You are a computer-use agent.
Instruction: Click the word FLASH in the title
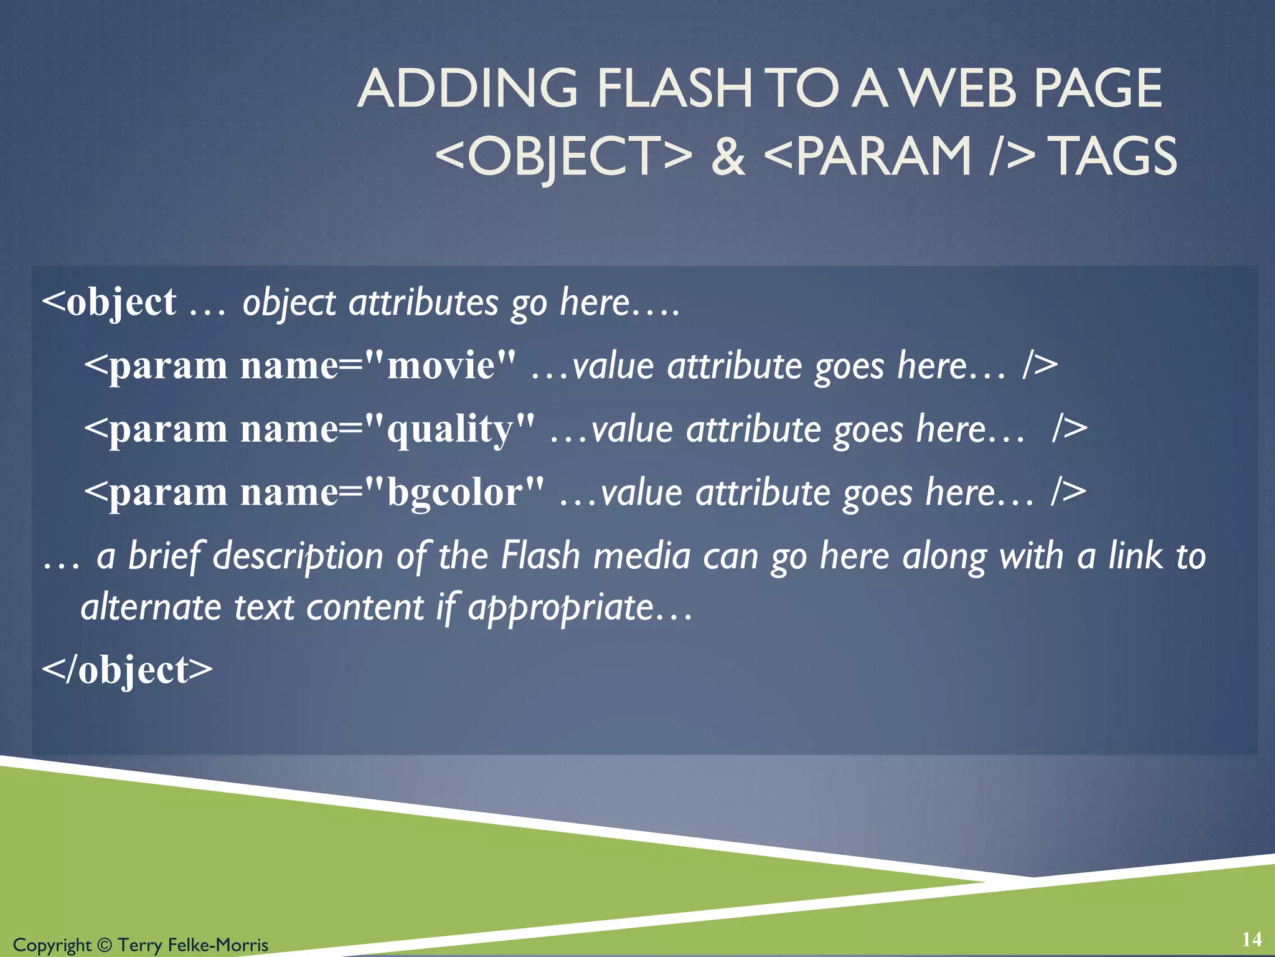674,88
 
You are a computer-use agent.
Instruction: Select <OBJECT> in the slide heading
563,156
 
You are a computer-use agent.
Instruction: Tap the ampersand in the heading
728,156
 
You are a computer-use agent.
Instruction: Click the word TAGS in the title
1114,156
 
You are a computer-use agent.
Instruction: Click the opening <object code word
110,303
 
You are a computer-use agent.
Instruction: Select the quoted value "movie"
441,366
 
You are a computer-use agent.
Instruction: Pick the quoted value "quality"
449,430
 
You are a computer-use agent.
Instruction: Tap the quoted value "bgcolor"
454,493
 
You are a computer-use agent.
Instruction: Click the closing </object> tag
128,670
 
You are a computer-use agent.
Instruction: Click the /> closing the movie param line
1039,366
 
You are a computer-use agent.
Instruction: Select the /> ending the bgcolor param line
1068,493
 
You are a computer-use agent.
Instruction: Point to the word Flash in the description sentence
540,556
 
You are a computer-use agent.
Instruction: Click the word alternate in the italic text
151,607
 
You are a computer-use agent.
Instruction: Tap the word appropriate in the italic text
560,607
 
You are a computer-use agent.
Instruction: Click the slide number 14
1251,939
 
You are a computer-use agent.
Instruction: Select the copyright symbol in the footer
105,945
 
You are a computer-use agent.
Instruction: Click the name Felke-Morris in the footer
218,945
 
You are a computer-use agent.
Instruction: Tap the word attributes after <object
423,303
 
